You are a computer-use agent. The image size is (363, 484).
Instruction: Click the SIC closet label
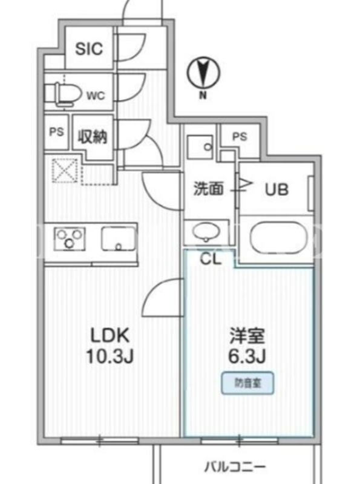(89, 49)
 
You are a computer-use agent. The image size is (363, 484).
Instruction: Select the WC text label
(96, 96)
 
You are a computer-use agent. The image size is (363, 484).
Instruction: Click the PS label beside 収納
(56, 132)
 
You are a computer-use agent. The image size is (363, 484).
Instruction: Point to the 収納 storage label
(93, 137)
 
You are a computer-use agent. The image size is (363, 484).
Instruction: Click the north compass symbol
(203, 73)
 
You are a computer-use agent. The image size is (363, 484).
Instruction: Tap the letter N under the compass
(203, 96)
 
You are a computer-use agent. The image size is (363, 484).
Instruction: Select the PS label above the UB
(240, 136)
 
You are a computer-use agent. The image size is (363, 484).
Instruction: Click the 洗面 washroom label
(208, 189)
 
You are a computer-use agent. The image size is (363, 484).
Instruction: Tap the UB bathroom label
(276, 189)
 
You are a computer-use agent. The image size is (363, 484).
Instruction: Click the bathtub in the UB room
(279, 238)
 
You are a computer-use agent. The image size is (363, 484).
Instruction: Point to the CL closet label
(211, 259)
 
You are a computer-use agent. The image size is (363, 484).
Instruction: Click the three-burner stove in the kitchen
(70, 238)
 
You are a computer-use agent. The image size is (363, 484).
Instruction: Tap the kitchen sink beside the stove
(119, 238)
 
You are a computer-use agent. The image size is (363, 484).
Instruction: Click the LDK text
(110, 335)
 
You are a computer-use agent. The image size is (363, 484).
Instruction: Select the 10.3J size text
(110, 356)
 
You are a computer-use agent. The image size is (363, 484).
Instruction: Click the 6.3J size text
(247, 356)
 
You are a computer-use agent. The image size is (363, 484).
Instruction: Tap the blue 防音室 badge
(247, 384)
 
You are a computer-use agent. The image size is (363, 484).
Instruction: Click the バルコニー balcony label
(235, 466)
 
